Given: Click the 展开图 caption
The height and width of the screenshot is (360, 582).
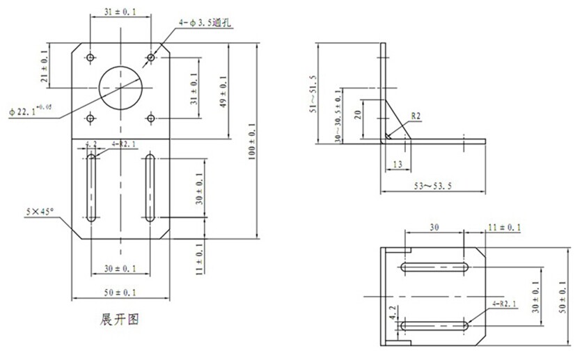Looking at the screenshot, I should [120, 320].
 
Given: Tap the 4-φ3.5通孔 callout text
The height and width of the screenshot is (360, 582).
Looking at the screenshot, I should [205, 23].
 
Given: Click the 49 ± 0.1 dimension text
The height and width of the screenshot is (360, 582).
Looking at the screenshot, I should [223, 95].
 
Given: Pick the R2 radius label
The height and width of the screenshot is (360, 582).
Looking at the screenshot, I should [416, 117].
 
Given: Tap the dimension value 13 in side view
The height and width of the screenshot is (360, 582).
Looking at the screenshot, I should [396, 164].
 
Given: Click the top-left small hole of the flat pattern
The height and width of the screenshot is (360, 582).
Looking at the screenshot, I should [91, 56].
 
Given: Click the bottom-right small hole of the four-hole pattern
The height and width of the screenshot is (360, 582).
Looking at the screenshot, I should [150, 119].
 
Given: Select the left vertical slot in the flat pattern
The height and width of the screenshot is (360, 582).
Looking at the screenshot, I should [91, 188].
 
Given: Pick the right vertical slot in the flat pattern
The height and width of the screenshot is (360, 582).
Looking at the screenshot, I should [150, 188].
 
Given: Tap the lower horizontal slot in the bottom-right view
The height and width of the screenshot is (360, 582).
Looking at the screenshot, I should [435, 324].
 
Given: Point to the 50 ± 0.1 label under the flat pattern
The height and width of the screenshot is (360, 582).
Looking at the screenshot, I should [120, 292].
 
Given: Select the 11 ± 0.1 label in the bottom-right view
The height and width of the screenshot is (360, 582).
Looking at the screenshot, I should [505, 227].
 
